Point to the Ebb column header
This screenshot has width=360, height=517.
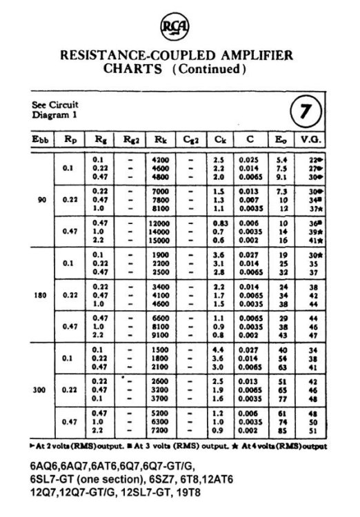40,139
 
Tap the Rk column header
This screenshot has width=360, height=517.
160,139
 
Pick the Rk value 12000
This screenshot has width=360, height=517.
160,224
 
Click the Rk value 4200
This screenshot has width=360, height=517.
161,160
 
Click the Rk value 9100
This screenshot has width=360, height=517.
161,335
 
